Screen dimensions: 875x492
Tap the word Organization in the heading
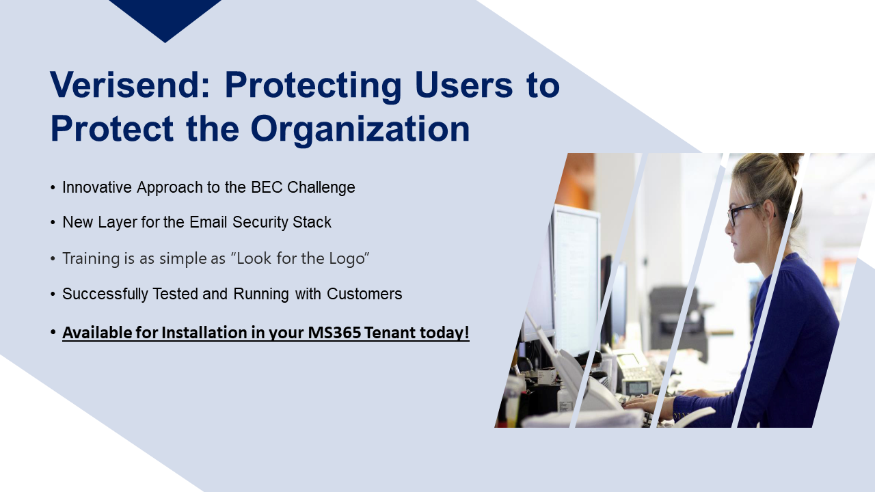[x=360, y=129]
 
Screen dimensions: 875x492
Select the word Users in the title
[x=463, y=85]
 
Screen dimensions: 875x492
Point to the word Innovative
[x=97, y=187]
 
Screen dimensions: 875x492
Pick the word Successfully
[x=105, y=294]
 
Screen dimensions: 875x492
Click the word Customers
[x=364, y=294]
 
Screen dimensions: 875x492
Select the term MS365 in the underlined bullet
[x=334, y=333]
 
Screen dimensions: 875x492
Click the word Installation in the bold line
[x=204, y=333]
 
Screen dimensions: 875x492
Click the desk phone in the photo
[x=635, y=371]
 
